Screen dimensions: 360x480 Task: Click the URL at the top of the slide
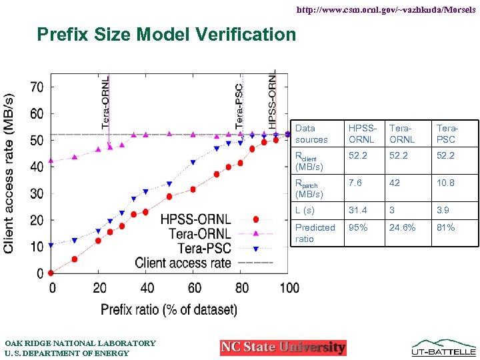click(386, 11)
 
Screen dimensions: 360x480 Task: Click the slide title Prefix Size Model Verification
click(166, 34)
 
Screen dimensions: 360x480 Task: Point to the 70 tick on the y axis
click(37, 87)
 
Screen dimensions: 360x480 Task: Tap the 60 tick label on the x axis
click(193, 288)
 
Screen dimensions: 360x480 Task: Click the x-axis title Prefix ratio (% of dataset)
click(169, 309)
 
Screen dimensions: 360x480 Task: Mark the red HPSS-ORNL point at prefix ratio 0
click(51, 273)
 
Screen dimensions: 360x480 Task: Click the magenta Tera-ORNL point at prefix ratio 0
click(51, 161)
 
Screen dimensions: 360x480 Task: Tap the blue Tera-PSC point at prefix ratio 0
click(51, 245)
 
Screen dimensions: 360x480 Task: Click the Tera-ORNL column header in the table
click(403, 133)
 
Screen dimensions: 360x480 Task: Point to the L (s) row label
click(305, 210)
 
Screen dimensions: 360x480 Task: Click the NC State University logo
click(283, 347)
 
